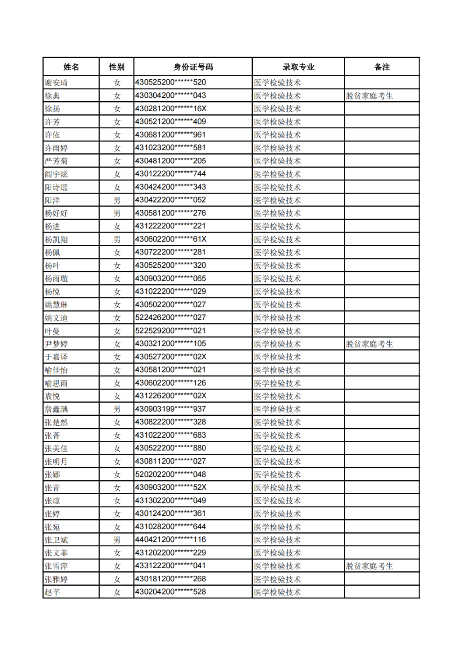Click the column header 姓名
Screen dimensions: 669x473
pyautogui.click(x=71, y=67)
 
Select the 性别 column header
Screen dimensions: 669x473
pyautogui.click(x=116, y=67)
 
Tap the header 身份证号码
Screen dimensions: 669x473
pyautogui.click(x=193, y=67)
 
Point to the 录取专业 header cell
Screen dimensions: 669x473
pyautogui.click(x=298, y=67)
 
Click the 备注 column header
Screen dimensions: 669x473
pyautogui.click(x=382, y=67)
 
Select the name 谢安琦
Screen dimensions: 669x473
pyautogui.click(x=56, y=83)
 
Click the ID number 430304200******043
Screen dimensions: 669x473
pyautogui.click(x=171, y=96)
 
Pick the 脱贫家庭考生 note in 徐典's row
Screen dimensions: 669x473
pyautogui.click(x=369, y=96)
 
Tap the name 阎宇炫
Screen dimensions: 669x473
pyautogui.click(x=56, y=174)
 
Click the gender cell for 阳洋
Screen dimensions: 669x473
pyautogui.click(x=117, y=200)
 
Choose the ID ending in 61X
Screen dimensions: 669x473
pyautogui.click(x=171, y=239)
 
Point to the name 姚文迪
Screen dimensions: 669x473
pyautogui.click(x=56, y=318)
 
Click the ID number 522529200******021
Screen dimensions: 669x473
pyautogui.click(x=171, y=331)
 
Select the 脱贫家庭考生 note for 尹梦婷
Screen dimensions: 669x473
pyautogui.click(x=369, y=344)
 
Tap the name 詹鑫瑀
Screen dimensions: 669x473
pyautogui.click(x=56, y=409)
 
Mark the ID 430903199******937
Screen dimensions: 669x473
pyautogui.click(x=171, y=409)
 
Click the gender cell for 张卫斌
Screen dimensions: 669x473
pyautogui.click(x=117, y=540)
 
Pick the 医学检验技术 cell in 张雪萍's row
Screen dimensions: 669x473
pyautogui.click(x=277, y=566)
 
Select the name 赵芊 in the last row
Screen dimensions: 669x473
pyautogui.click(x=53, y=592)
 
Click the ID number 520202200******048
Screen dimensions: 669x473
pyautogui.click(x=171, y=474)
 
